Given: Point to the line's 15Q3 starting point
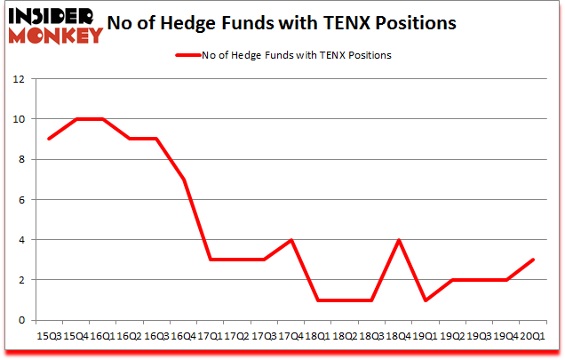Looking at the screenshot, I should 49,139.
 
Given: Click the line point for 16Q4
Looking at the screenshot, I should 182,180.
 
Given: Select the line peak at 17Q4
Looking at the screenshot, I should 290,240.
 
